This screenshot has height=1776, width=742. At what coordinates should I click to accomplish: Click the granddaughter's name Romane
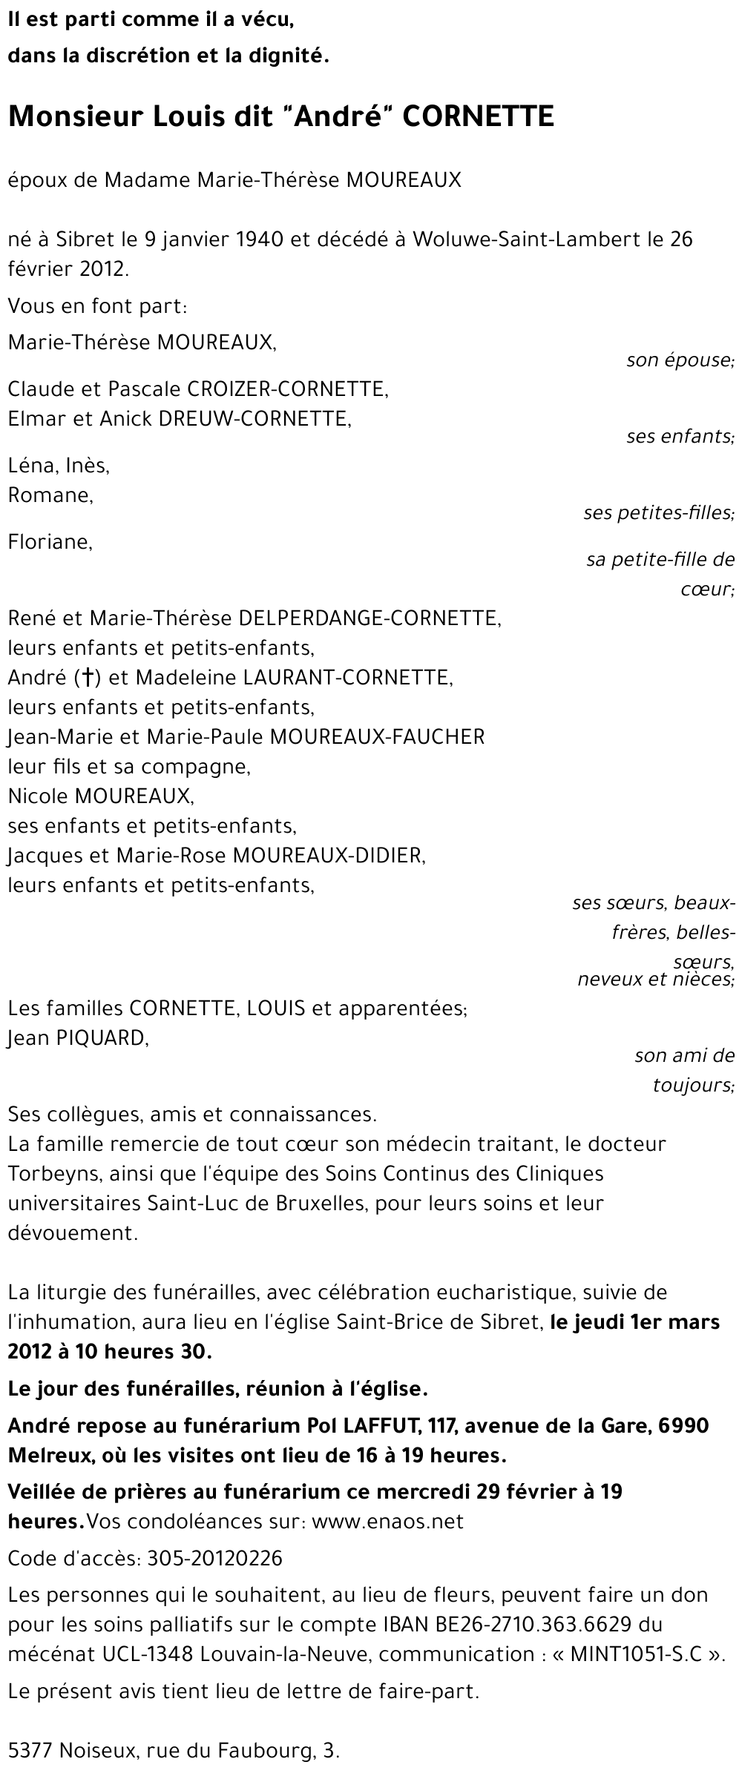(x=50, y=495)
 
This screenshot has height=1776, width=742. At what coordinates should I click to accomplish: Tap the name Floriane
(x=50, y=542)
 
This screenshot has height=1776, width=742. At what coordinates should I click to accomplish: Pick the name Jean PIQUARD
(x=77, y=1038)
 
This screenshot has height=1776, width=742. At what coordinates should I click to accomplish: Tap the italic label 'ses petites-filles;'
(x=659, y=512)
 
